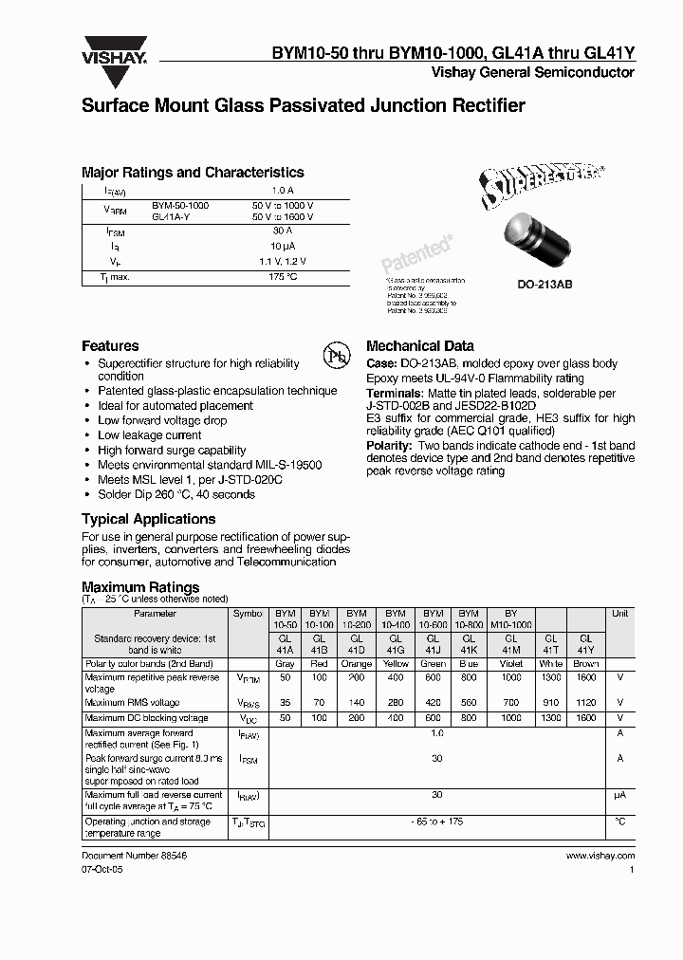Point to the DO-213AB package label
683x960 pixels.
click(544, 285)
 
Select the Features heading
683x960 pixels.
click(110, 346)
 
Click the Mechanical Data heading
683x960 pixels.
click(419, 346)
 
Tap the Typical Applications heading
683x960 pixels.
click(148, 519)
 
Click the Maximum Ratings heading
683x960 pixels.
click(140, 587)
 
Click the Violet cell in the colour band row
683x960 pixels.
click(511, 664)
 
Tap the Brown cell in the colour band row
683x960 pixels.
click(585, 664)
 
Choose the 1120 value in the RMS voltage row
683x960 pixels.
click(585, 703)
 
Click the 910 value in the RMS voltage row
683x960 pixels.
click(551, 703)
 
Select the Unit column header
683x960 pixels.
click(619, 614)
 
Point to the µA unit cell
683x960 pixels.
click(619, 795)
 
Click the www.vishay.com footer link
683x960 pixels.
click(600, 855)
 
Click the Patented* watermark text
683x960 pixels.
click(416, 253)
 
